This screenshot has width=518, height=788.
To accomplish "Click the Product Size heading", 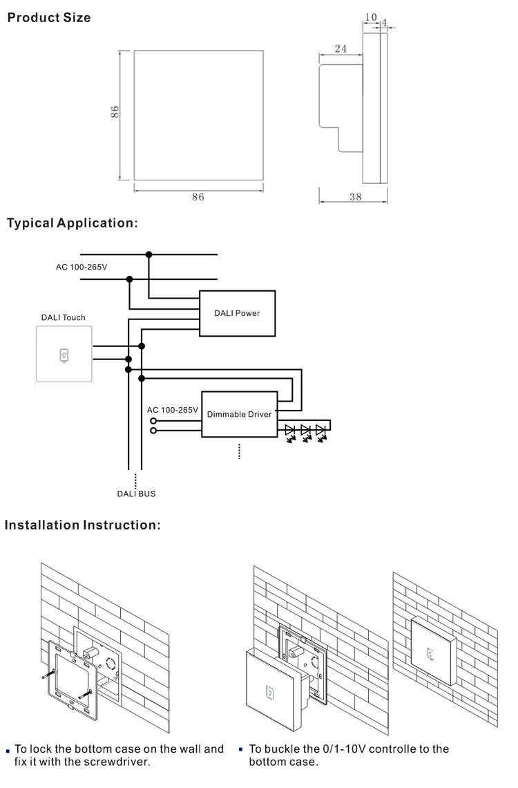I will click(48, 17).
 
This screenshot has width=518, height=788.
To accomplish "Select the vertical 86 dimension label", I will click(115, 112).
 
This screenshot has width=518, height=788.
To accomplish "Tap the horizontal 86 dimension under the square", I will click(198, 197).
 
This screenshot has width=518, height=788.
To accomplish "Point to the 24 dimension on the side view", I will click(340, 48).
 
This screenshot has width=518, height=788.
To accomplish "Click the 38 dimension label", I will click(355, 197).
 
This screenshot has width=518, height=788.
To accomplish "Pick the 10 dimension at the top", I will click(371, 17).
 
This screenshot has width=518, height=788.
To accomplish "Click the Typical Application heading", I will click(73, 223).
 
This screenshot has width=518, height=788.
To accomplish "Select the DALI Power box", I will click(237, 313).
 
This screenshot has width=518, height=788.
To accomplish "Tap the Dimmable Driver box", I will click(239, 415).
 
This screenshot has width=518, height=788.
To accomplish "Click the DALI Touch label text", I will click(64, 318).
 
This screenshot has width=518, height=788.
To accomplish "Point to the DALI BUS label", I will click(136, 494).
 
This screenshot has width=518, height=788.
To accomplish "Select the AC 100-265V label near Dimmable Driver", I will click(173, 410).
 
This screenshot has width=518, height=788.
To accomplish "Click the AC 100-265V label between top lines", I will click(81, 267).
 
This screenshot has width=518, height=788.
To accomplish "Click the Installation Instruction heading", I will click(83, 525).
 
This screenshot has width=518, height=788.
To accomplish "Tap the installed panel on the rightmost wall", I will click(432, 650).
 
